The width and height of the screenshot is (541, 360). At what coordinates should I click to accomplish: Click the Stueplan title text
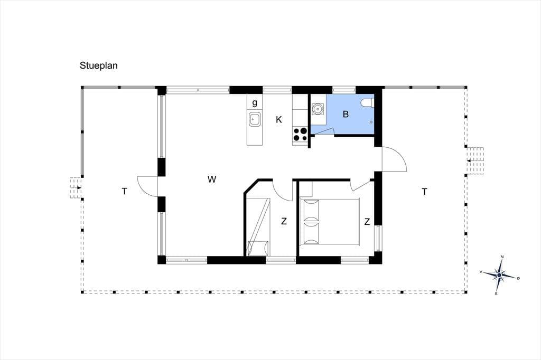coord(99,65)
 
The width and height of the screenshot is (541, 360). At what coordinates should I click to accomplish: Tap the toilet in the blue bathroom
coord(367,102)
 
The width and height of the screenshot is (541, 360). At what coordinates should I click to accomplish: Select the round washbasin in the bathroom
coord(317,109)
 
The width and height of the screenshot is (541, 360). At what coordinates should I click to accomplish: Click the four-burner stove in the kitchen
coord(300,135)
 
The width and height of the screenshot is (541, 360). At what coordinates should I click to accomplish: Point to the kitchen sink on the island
coord(255,119)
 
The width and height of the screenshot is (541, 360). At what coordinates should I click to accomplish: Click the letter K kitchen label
coord(279,120)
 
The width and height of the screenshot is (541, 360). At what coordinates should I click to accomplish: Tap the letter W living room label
coord(212,179)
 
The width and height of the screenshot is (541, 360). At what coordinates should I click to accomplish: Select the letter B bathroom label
coord(346,114)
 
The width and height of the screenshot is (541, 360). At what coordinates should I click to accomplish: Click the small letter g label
coord(255,103)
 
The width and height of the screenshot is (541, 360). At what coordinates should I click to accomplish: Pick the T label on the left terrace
coord(124,192)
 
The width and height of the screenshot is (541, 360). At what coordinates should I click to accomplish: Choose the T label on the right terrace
coord(424,192)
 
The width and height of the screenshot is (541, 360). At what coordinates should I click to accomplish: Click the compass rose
coord(499,275)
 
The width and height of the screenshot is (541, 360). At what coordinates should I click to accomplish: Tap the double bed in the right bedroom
coord(330,221)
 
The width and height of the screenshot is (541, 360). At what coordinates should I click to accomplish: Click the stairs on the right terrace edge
coord(475,160)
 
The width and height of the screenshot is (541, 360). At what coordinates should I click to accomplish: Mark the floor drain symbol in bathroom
coord(371,122)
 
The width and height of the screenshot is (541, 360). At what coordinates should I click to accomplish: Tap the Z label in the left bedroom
coord(284,221)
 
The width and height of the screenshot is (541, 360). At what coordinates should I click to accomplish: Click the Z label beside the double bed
coord(367,222)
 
